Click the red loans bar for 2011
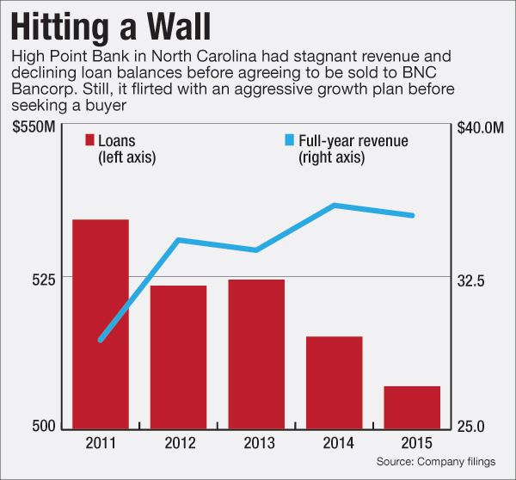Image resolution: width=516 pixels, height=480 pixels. [101, 323]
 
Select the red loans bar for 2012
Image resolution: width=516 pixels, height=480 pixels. [178, 356]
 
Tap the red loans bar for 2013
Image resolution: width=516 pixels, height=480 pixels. [256, 354]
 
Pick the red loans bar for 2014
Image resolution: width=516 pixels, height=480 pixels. [335, 382]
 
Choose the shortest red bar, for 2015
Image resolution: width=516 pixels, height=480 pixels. [412, 407]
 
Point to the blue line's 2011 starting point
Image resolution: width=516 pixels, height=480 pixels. [101, 340]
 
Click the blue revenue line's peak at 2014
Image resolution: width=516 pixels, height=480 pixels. [335, 205]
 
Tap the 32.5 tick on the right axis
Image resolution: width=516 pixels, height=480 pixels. [474, 280]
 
